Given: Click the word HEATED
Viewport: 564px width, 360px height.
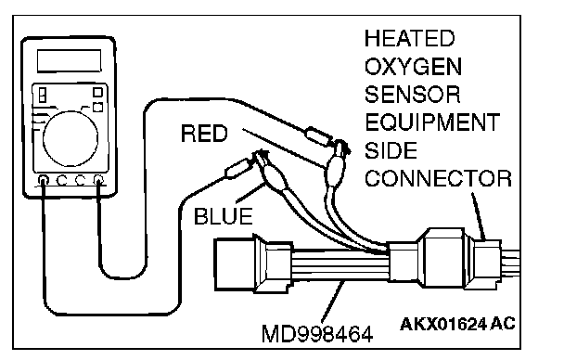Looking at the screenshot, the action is tap(409, 38).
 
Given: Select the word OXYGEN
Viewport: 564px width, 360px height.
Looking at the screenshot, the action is tap(413, 67).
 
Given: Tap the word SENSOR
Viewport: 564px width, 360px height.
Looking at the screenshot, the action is tap(412, 95).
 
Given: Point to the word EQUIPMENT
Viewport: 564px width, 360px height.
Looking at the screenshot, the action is tap(432, 122).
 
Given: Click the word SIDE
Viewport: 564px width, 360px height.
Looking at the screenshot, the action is tap(391, 150).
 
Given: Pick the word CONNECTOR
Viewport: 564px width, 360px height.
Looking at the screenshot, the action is tap(438, 178).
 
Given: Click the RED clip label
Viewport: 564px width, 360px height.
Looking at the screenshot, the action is tap(204, 134).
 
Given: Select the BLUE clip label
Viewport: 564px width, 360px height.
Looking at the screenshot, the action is tap(223, 216).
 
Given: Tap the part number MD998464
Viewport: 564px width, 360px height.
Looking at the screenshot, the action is tap(317, 334).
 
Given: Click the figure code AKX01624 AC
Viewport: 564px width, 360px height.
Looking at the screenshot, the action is tap(457, 324).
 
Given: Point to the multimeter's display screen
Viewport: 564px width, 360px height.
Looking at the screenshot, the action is tap(69, 61).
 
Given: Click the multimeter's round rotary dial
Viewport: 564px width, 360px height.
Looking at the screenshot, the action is tap(70, 139).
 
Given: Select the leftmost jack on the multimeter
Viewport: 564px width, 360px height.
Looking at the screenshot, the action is tap(44, 180).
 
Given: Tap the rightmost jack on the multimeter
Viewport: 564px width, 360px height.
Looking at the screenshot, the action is tap(97, 180).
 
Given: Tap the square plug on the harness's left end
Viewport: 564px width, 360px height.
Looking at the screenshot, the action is tap(234, 264).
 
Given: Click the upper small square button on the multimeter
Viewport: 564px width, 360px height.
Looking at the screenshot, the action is tap(97, 93).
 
